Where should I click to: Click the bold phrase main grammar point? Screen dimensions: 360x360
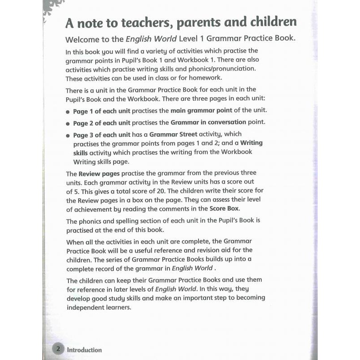coord(202,111)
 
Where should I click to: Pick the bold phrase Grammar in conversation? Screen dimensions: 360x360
coord(208,122)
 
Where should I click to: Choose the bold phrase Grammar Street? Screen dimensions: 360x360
coord(173,134)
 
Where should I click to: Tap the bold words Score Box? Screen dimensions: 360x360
coord(225,208)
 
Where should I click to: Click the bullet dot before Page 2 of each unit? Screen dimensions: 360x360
coord(68,123)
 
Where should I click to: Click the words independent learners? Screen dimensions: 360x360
coord(99,307)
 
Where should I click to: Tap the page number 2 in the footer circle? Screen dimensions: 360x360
coord(58,349)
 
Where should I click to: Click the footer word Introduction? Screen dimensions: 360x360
coord(85,350)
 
